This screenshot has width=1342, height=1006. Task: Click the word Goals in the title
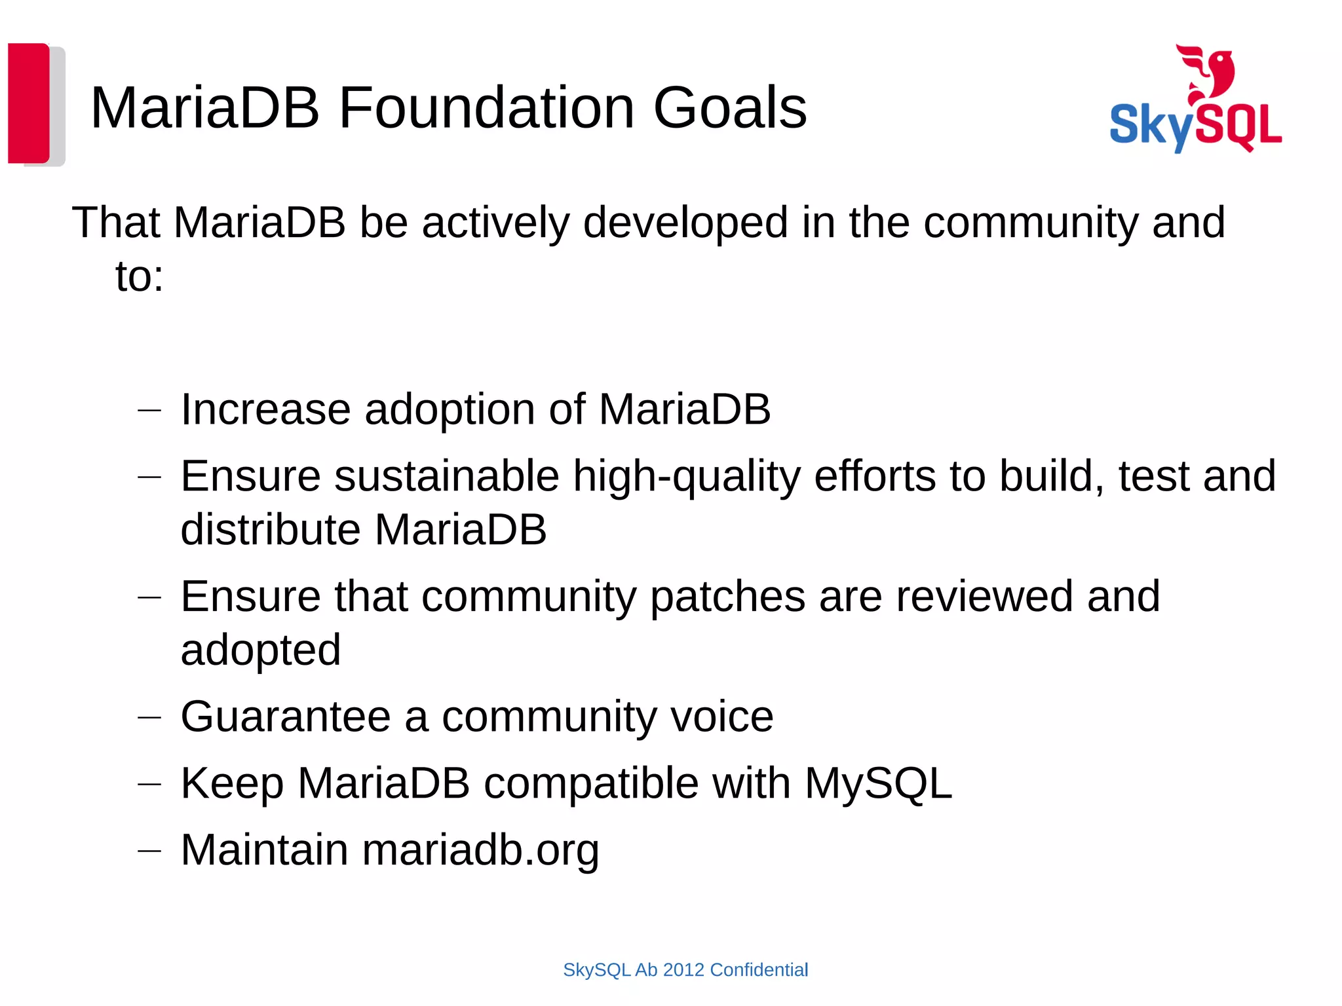coord(729,108)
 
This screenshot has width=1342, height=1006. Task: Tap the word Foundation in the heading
coord(486,108)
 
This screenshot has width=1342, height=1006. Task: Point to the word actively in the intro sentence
coord(496,223)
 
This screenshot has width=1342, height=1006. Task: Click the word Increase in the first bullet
coord(265,410)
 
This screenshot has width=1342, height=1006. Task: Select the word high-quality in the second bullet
coord(687,476)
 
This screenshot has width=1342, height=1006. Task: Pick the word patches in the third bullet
coord(727,597)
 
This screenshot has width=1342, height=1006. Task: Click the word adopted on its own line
coord(260,650)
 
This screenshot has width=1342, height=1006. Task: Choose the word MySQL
coord(878,783)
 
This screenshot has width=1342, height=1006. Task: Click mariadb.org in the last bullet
coord(480,850)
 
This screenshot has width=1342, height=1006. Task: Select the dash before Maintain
coord(149,851)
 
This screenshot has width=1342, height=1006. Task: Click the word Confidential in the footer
coord(759,970)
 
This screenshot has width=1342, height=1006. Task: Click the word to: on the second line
coord(139,276)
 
